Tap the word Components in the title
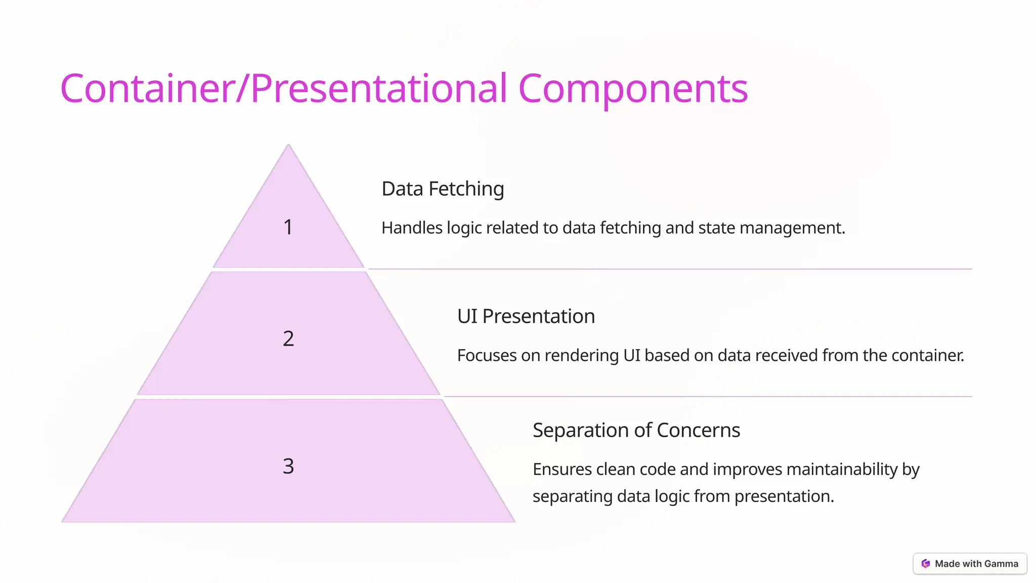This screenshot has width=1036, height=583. (x=632, y=89)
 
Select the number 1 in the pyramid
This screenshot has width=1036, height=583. (x=288, y=227)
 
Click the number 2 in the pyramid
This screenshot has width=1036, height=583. (x=288, y=339)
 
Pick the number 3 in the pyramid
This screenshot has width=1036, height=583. (x=288, y=466)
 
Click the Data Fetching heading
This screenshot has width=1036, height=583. (x=443, y=189)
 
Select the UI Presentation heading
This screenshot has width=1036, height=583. (x=526, y=316)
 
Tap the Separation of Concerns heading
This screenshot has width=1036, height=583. (x=636, y=430)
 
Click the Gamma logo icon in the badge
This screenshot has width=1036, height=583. (x=926, y=564)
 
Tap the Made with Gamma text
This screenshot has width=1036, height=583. (x=976, y=564)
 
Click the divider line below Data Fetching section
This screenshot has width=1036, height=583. (x=668, y=269)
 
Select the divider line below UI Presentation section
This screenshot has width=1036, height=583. (x=708, y=397)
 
